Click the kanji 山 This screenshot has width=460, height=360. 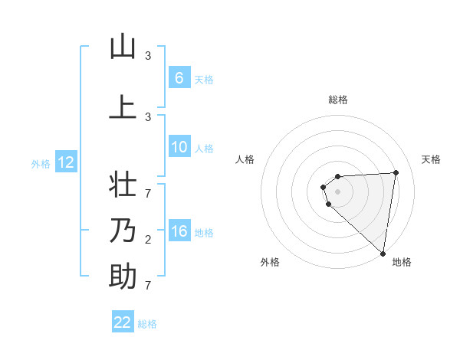pos(123,47)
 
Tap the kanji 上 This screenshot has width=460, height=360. pos(123,107)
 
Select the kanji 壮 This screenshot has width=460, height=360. pos(123,186)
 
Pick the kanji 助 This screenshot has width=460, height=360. pos(123,277)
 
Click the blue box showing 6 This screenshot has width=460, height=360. pos(179,78)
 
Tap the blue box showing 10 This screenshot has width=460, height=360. pos(179,148)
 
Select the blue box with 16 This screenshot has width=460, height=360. pos(179,231)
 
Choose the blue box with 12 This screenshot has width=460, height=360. pos(65,162)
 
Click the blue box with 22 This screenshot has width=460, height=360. pos(123,322)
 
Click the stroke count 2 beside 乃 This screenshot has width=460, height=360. pos(148,241)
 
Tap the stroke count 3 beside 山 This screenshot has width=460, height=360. pos(148,56)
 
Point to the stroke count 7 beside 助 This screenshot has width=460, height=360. pos(148,286)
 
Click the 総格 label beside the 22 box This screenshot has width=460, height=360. pos(147,324)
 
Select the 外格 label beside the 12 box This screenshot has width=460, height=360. pos(40,163)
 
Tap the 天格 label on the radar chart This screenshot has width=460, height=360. pos(431,159)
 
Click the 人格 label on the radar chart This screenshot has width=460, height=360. pos(245,159)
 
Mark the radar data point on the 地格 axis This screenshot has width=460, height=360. pos(383,253)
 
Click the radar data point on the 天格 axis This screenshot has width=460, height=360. pos(396,172)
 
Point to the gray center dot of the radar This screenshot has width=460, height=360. pos(338,191)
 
